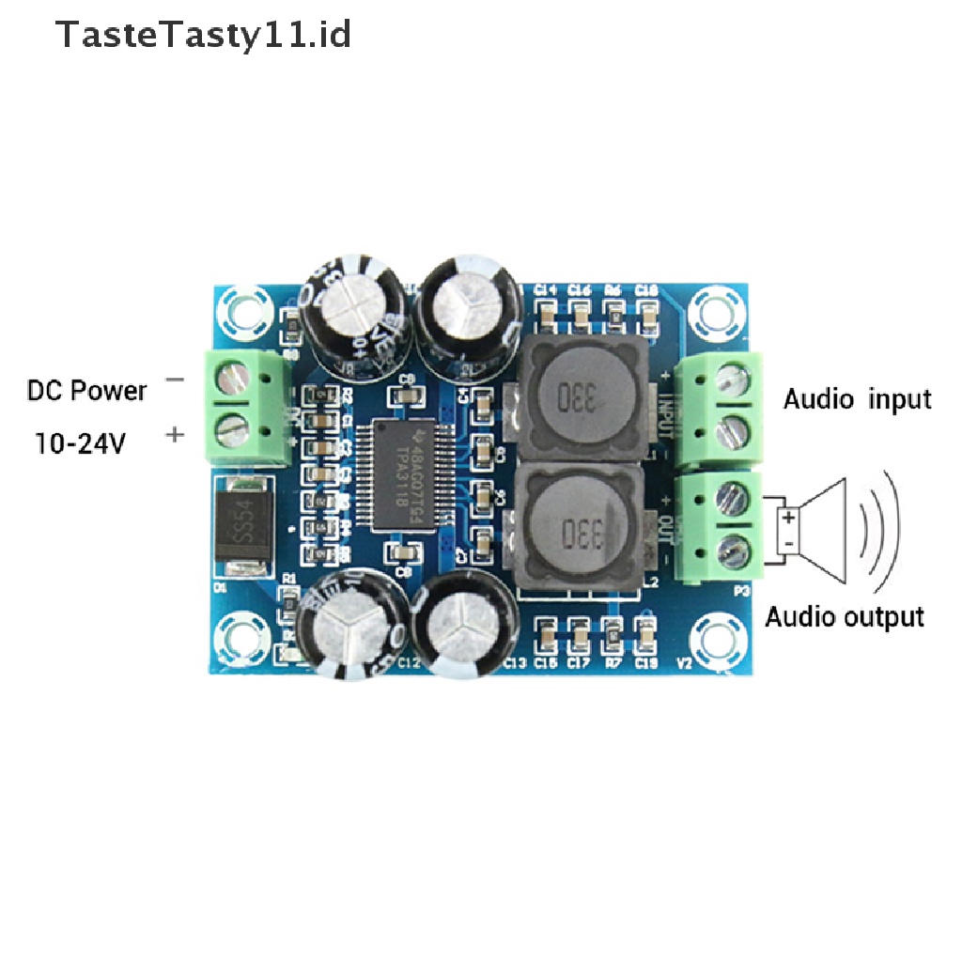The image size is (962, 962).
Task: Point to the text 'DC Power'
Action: pos(86,390)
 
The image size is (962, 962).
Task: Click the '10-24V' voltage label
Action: pos(80,442)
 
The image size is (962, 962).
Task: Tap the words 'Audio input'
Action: pos(857,399)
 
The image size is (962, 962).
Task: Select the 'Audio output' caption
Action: pos(844,617)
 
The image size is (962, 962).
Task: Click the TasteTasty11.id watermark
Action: pos(203,36)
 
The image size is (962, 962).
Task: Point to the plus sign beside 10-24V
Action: pos(175,435)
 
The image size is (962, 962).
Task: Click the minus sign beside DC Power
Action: pos(175,380)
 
